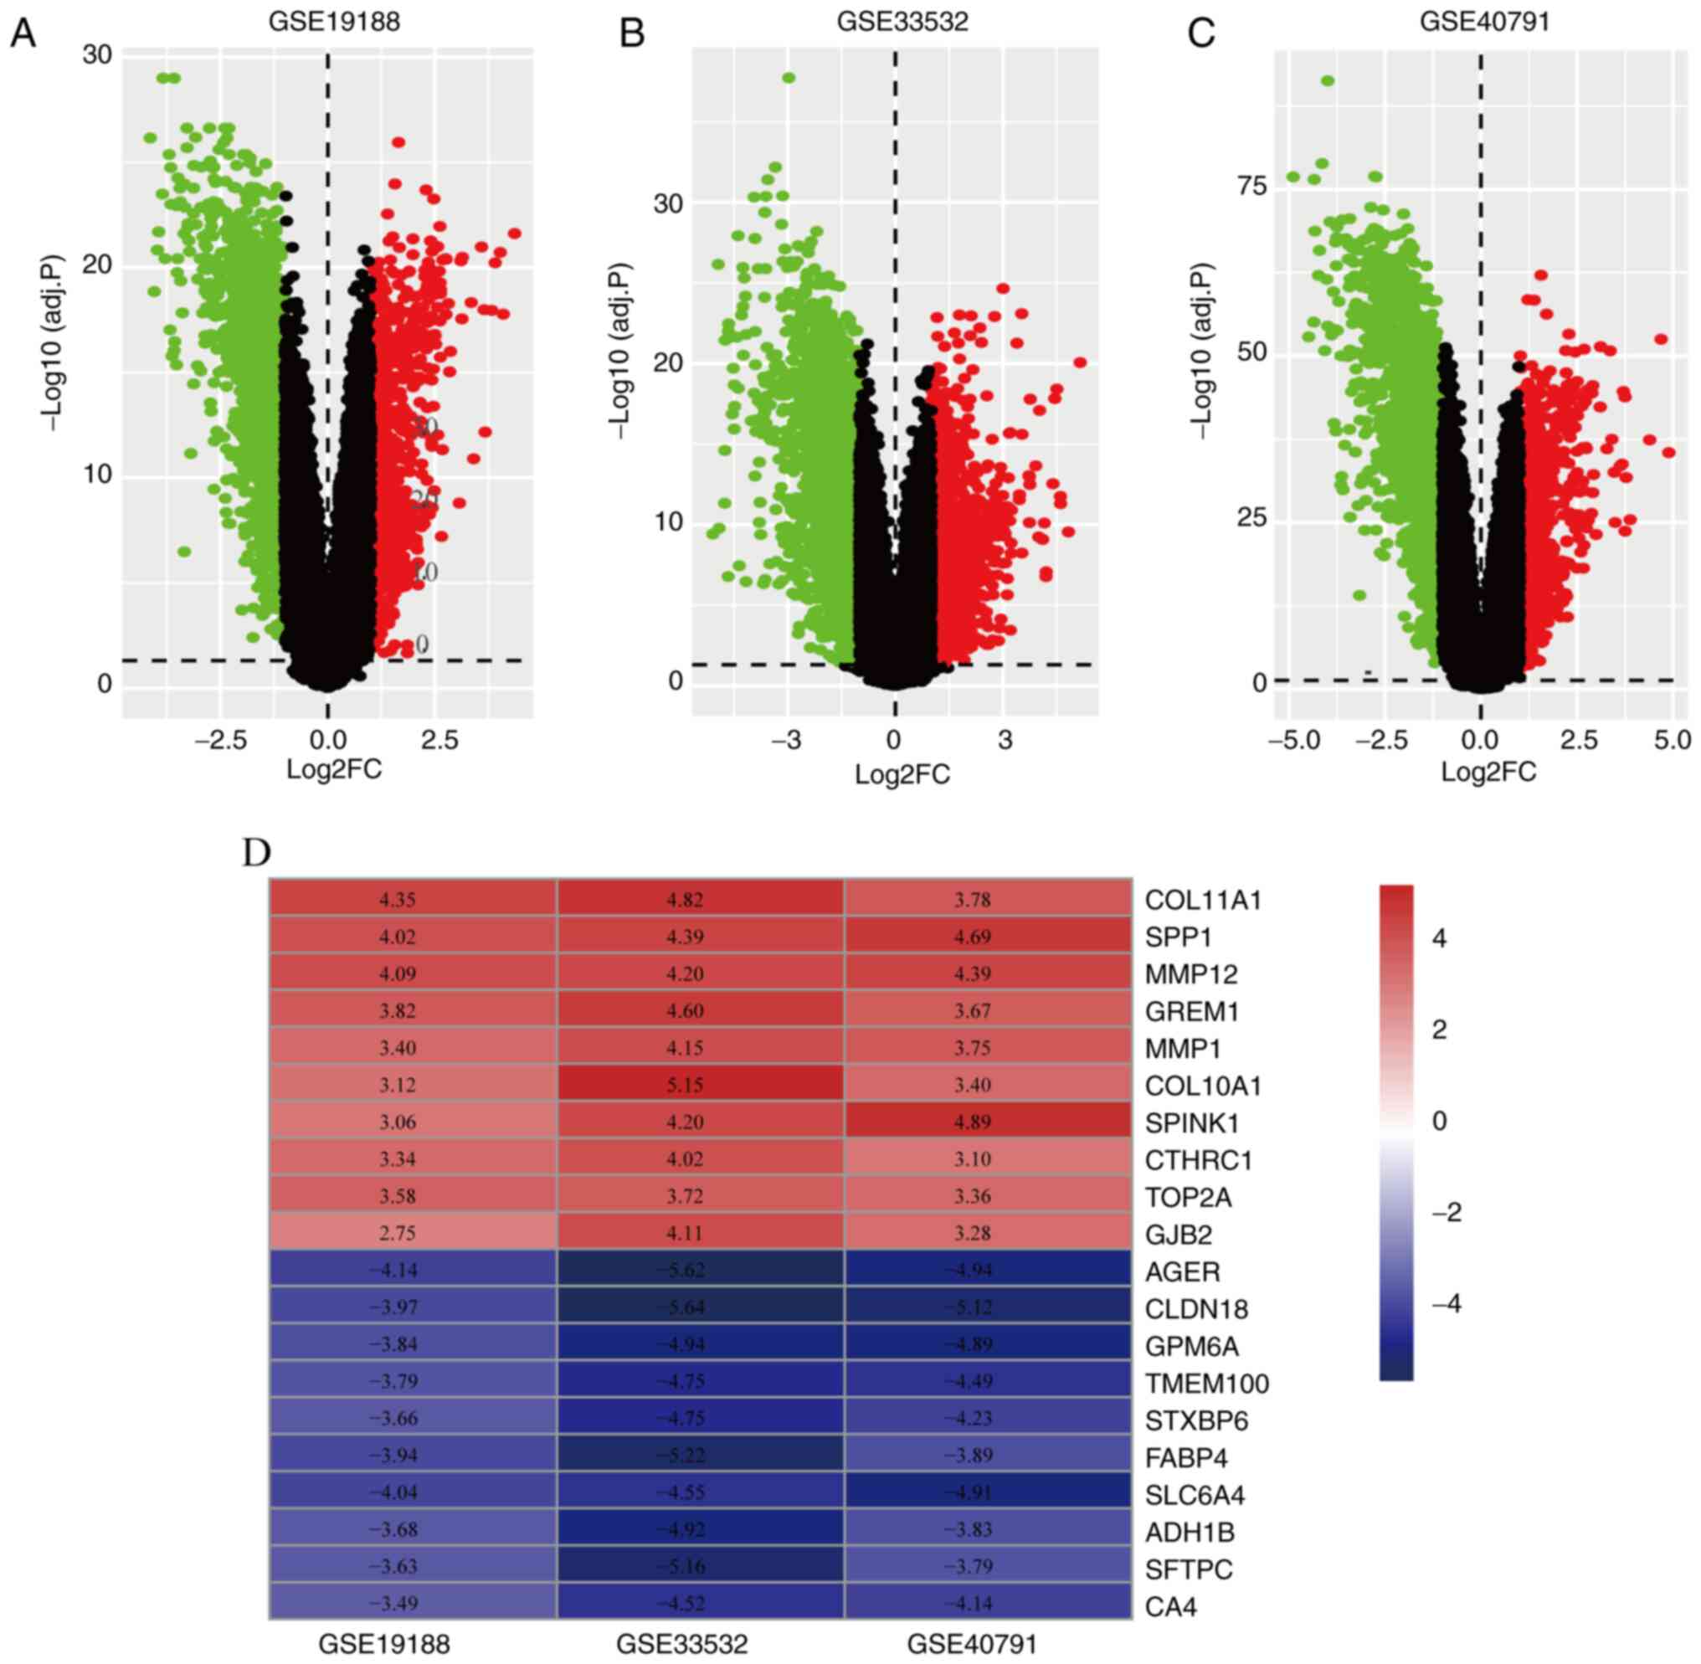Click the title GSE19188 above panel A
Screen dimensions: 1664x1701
coord(334,21)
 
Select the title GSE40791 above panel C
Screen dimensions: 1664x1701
coord(1483,21)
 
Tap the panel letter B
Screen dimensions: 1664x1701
coord(631,33)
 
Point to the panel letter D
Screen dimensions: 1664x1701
coord(257,853)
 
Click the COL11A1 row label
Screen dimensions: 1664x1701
coord(1204,900)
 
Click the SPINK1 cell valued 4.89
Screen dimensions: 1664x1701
coord(973,1122)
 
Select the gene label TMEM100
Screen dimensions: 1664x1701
coord(1207,1384)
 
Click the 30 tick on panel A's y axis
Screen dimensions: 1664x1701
coord(98,55)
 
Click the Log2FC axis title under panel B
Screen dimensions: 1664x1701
coord(902,774)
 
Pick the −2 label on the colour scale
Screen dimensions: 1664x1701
coord(1447,1212)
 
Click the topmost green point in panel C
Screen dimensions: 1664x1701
coord(1327,80)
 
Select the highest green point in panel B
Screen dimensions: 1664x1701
coord(789,78)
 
